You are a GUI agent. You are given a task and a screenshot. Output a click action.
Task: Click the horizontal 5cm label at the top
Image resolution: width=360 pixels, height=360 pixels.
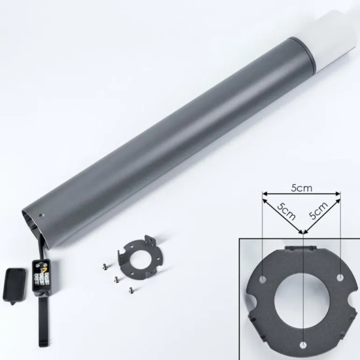point(302,188)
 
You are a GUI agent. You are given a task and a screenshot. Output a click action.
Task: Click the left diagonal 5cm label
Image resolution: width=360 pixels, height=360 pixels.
point(286,212)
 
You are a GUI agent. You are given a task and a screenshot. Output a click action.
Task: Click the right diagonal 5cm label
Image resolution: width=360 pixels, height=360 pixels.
point(318,210)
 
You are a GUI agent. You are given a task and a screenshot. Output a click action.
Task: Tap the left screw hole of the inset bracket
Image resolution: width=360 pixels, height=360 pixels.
point(263,280)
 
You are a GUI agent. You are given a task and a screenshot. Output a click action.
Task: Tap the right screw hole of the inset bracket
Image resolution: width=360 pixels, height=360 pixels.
point(340,278)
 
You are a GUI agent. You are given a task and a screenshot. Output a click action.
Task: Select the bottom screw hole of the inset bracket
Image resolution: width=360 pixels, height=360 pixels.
point(303,345)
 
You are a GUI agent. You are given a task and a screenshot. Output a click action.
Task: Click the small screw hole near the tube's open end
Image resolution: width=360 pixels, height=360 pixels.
point(41,216)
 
